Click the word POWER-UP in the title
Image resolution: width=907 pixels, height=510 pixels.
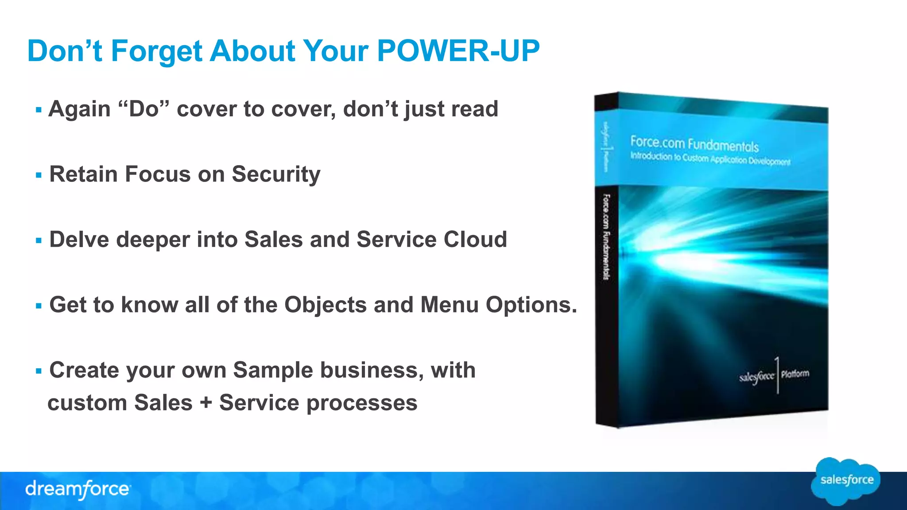[458, 50]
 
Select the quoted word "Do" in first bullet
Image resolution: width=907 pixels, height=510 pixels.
[144, 109]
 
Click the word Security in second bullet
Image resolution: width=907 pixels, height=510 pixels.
[275, 174]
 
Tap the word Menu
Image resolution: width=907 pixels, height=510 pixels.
[449, 305]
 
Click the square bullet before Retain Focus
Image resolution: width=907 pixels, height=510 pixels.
[39, 175]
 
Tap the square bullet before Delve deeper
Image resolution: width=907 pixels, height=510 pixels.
[39, 241]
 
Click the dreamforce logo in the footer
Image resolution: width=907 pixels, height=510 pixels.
[78, 489]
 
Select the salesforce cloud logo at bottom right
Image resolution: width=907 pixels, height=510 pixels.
[846, 481]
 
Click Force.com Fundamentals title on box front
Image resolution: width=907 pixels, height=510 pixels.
[694, 144]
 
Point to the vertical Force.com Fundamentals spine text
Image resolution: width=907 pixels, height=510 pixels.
[606, 237]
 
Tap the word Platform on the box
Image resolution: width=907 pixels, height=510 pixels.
[795, 374]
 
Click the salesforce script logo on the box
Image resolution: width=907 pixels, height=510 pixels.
[756, 377]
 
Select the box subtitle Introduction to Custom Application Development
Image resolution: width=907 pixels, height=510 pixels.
[710, 158]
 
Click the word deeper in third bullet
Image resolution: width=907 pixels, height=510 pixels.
[153, 240]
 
